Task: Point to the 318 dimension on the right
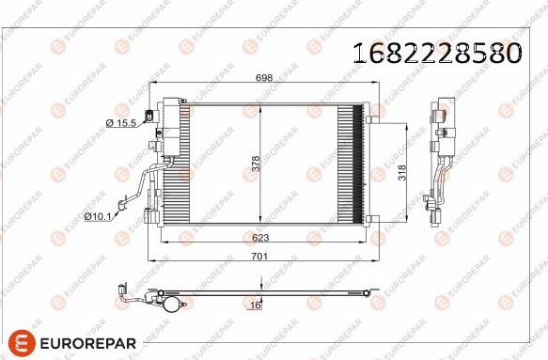(401, 173)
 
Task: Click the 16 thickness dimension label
(255, 305)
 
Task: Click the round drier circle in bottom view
(170, 303)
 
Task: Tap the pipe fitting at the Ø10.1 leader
(121, 201)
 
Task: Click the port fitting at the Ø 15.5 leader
(153, 145)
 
